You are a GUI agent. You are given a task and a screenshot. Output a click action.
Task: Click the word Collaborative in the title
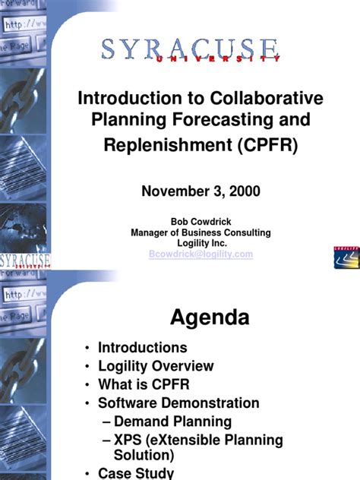259,99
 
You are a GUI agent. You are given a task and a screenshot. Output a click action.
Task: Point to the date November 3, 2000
201,191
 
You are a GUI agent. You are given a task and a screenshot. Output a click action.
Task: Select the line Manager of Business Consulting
201,232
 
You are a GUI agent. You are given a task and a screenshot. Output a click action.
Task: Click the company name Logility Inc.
201,243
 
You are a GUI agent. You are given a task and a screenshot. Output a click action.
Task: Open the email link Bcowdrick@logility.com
201,254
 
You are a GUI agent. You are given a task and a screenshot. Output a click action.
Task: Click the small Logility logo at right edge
345,257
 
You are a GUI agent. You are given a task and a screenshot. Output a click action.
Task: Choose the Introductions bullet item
142,348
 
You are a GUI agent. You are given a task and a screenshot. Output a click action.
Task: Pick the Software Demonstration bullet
178,403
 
